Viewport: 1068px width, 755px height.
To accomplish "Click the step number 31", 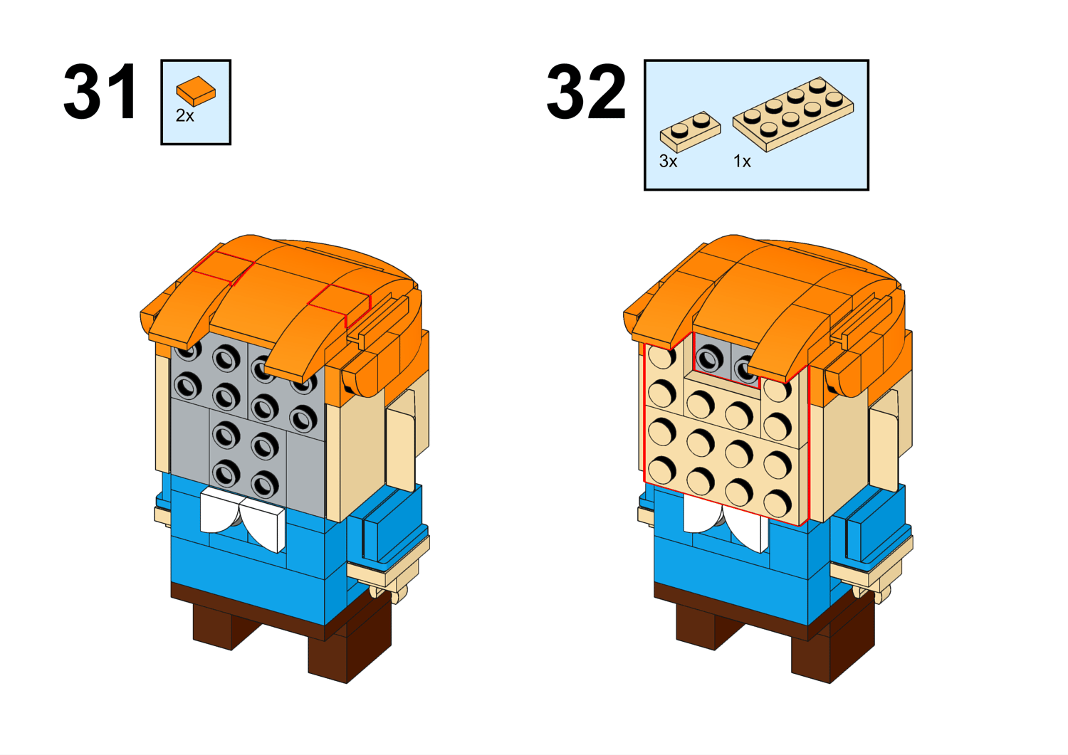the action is (100, 92).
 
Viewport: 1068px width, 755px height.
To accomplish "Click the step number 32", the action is (586, 92).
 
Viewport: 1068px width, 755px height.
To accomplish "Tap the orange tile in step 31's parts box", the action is (196, 90).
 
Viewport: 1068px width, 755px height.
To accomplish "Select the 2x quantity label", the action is (185, 115).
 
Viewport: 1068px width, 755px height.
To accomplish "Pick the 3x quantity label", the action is (668, 161).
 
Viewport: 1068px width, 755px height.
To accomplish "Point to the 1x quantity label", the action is (742, 161).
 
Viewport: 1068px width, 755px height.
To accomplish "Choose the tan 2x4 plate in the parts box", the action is (793, 115).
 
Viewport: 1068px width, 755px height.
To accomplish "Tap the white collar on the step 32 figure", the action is (725, 524).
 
